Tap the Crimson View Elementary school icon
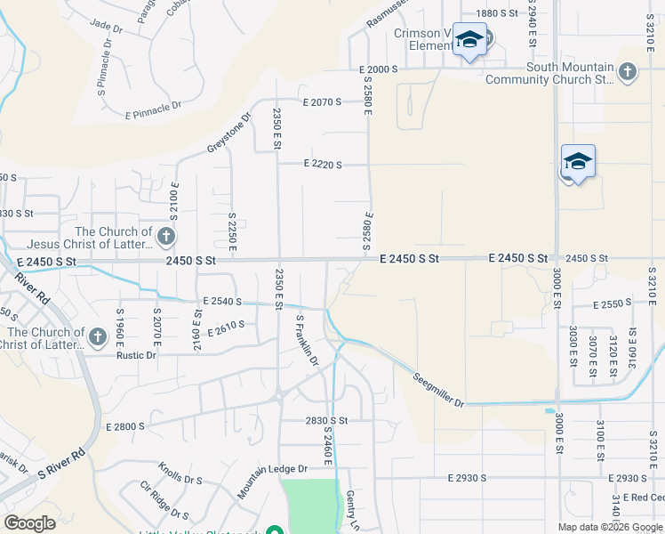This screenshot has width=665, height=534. point(469,40)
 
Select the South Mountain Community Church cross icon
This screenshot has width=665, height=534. point(628,72)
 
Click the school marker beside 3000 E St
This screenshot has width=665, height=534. point(578,161)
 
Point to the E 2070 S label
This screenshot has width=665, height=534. point(322,102)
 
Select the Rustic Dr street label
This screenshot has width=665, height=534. point(136,355)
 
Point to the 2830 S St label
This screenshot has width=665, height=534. point(325,421)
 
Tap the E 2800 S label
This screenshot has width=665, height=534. point(124,427)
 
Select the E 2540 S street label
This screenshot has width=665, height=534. point(222,302)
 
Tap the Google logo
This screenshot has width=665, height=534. point(30,523)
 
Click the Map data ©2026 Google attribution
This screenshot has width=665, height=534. point(610,527)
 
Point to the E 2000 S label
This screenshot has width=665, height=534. point(379,69)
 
